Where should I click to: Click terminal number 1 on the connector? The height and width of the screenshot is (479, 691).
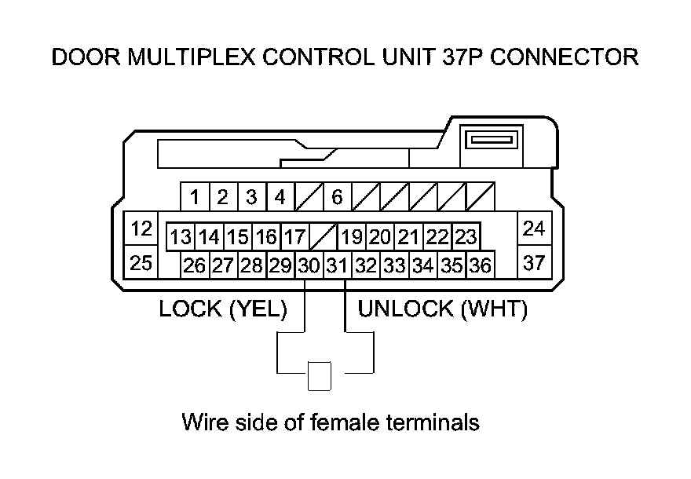click(x=194, y=197)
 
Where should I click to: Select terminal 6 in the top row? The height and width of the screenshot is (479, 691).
click(x=337, y=197)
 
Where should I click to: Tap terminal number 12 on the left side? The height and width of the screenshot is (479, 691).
click(x=141, y=229)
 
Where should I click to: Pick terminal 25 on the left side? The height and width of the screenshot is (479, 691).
click(x=141, y=263)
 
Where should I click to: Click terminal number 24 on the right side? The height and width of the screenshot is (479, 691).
click(x=534, y=229)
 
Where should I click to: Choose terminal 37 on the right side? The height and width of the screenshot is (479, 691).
click(x=534, y=263)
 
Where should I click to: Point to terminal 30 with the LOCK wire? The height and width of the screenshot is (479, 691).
click(x=309, y=265)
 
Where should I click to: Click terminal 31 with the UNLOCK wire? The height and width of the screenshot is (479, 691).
click(x=337, y=265)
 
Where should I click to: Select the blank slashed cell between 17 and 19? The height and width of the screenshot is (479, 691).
click(x=324, y=236)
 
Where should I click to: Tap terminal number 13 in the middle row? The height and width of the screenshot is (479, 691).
click(x=181, y=236)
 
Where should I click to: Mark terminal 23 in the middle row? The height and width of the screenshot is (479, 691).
click(x=466, y=236)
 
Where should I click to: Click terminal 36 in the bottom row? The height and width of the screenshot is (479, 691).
click(x=480, y=265)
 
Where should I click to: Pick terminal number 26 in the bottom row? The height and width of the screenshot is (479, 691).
click(x=194, y=265)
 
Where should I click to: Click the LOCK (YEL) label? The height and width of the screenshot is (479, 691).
click(x=223, y=309)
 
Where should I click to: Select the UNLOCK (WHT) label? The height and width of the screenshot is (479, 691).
click(x=442, y=309)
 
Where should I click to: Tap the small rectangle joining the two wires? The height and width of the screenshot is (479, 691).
click(x=320, y=376)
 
